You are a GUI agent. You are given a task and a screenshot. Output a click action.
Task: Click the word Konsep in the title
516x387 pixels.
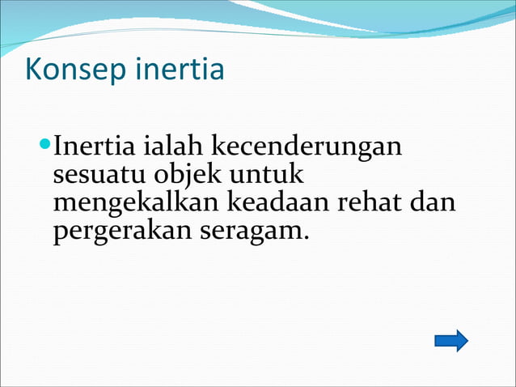(x=72, y=70)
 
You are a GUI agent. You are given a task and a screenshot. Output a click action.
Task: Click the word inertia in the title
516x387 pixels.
(x=176, y=70)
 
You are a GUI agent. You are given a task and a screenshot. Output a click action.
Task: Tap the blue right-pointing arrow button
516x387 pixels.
(x=450, y=340)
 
